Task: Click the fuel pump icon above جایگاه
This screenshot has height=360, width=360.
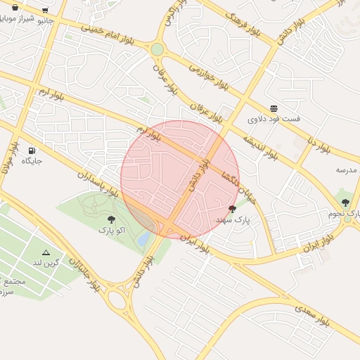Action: coord(32,150)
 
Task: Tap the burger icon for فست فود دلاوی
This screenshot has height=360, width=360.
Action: coord(274,108)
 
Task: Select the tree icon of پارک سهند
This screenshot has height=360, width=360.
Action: coord(233,209)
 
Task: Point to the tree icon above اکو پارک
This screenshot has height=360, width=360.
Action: coord(111,219)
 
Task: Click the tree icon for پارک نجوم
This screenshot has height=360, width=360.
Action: coord(345,202)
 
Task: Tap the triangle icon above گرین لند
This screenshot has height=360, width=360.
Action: coord(46,252)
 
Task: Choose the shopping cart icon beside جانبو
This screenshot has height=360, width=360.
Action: coord(45,11)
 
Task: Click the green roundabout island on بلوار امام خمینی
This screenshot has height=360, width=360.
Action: coord(157,49)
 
